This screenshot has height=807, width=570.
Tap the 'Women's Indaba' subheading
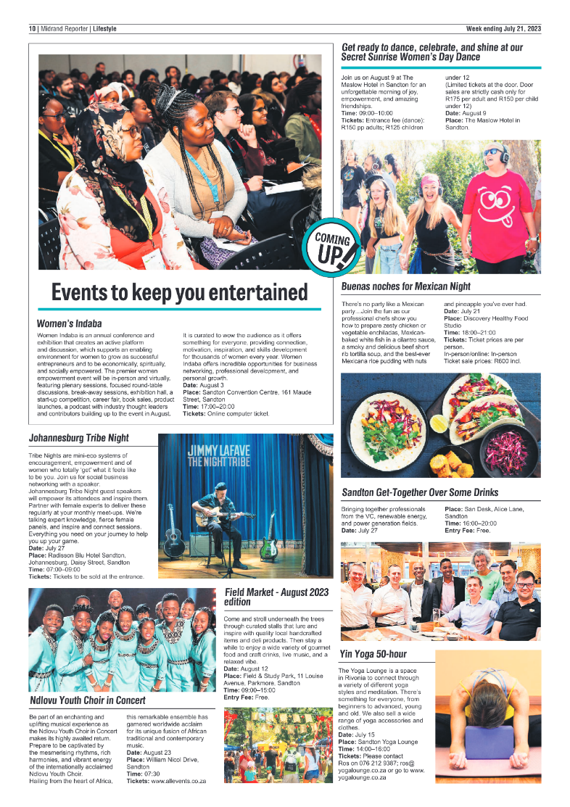point(69,323)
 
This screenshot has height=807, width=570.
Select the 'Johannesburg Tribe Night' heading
point(79,438)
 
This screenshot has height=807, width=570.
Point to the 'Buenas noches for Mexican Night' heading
point(405,286)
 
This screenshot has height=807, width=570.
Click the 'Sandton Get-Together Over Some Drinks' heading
point(431,493)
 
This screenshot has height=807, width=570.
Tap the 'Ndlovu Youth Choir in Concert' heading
point(88,700)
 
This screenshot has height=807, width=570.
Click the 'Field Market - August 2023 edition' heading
point(276,597)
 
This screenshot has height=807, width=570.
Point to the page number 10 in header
point(33,29)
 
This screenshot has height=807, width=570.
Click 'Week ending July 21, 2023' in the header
point(503,29)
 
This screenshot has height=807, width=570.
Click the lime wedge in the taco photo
point(439,423)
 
